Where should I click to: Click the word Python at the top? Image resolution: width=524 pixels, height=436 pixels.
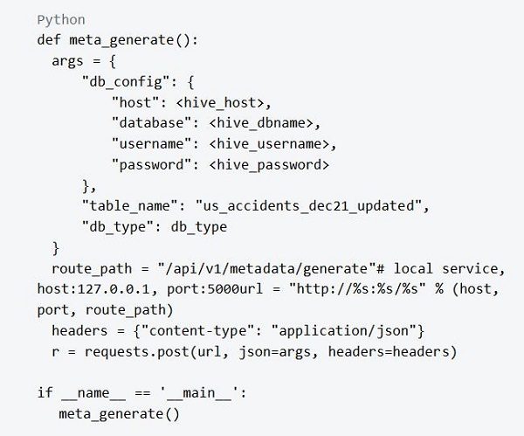click(x=59, y=18)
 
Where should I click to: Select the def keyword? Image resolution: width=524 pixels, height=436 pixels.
click(x=49, y=39)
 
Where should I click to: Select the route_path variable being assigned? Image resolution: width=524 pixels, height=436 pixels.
click(x=89, y=267)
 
